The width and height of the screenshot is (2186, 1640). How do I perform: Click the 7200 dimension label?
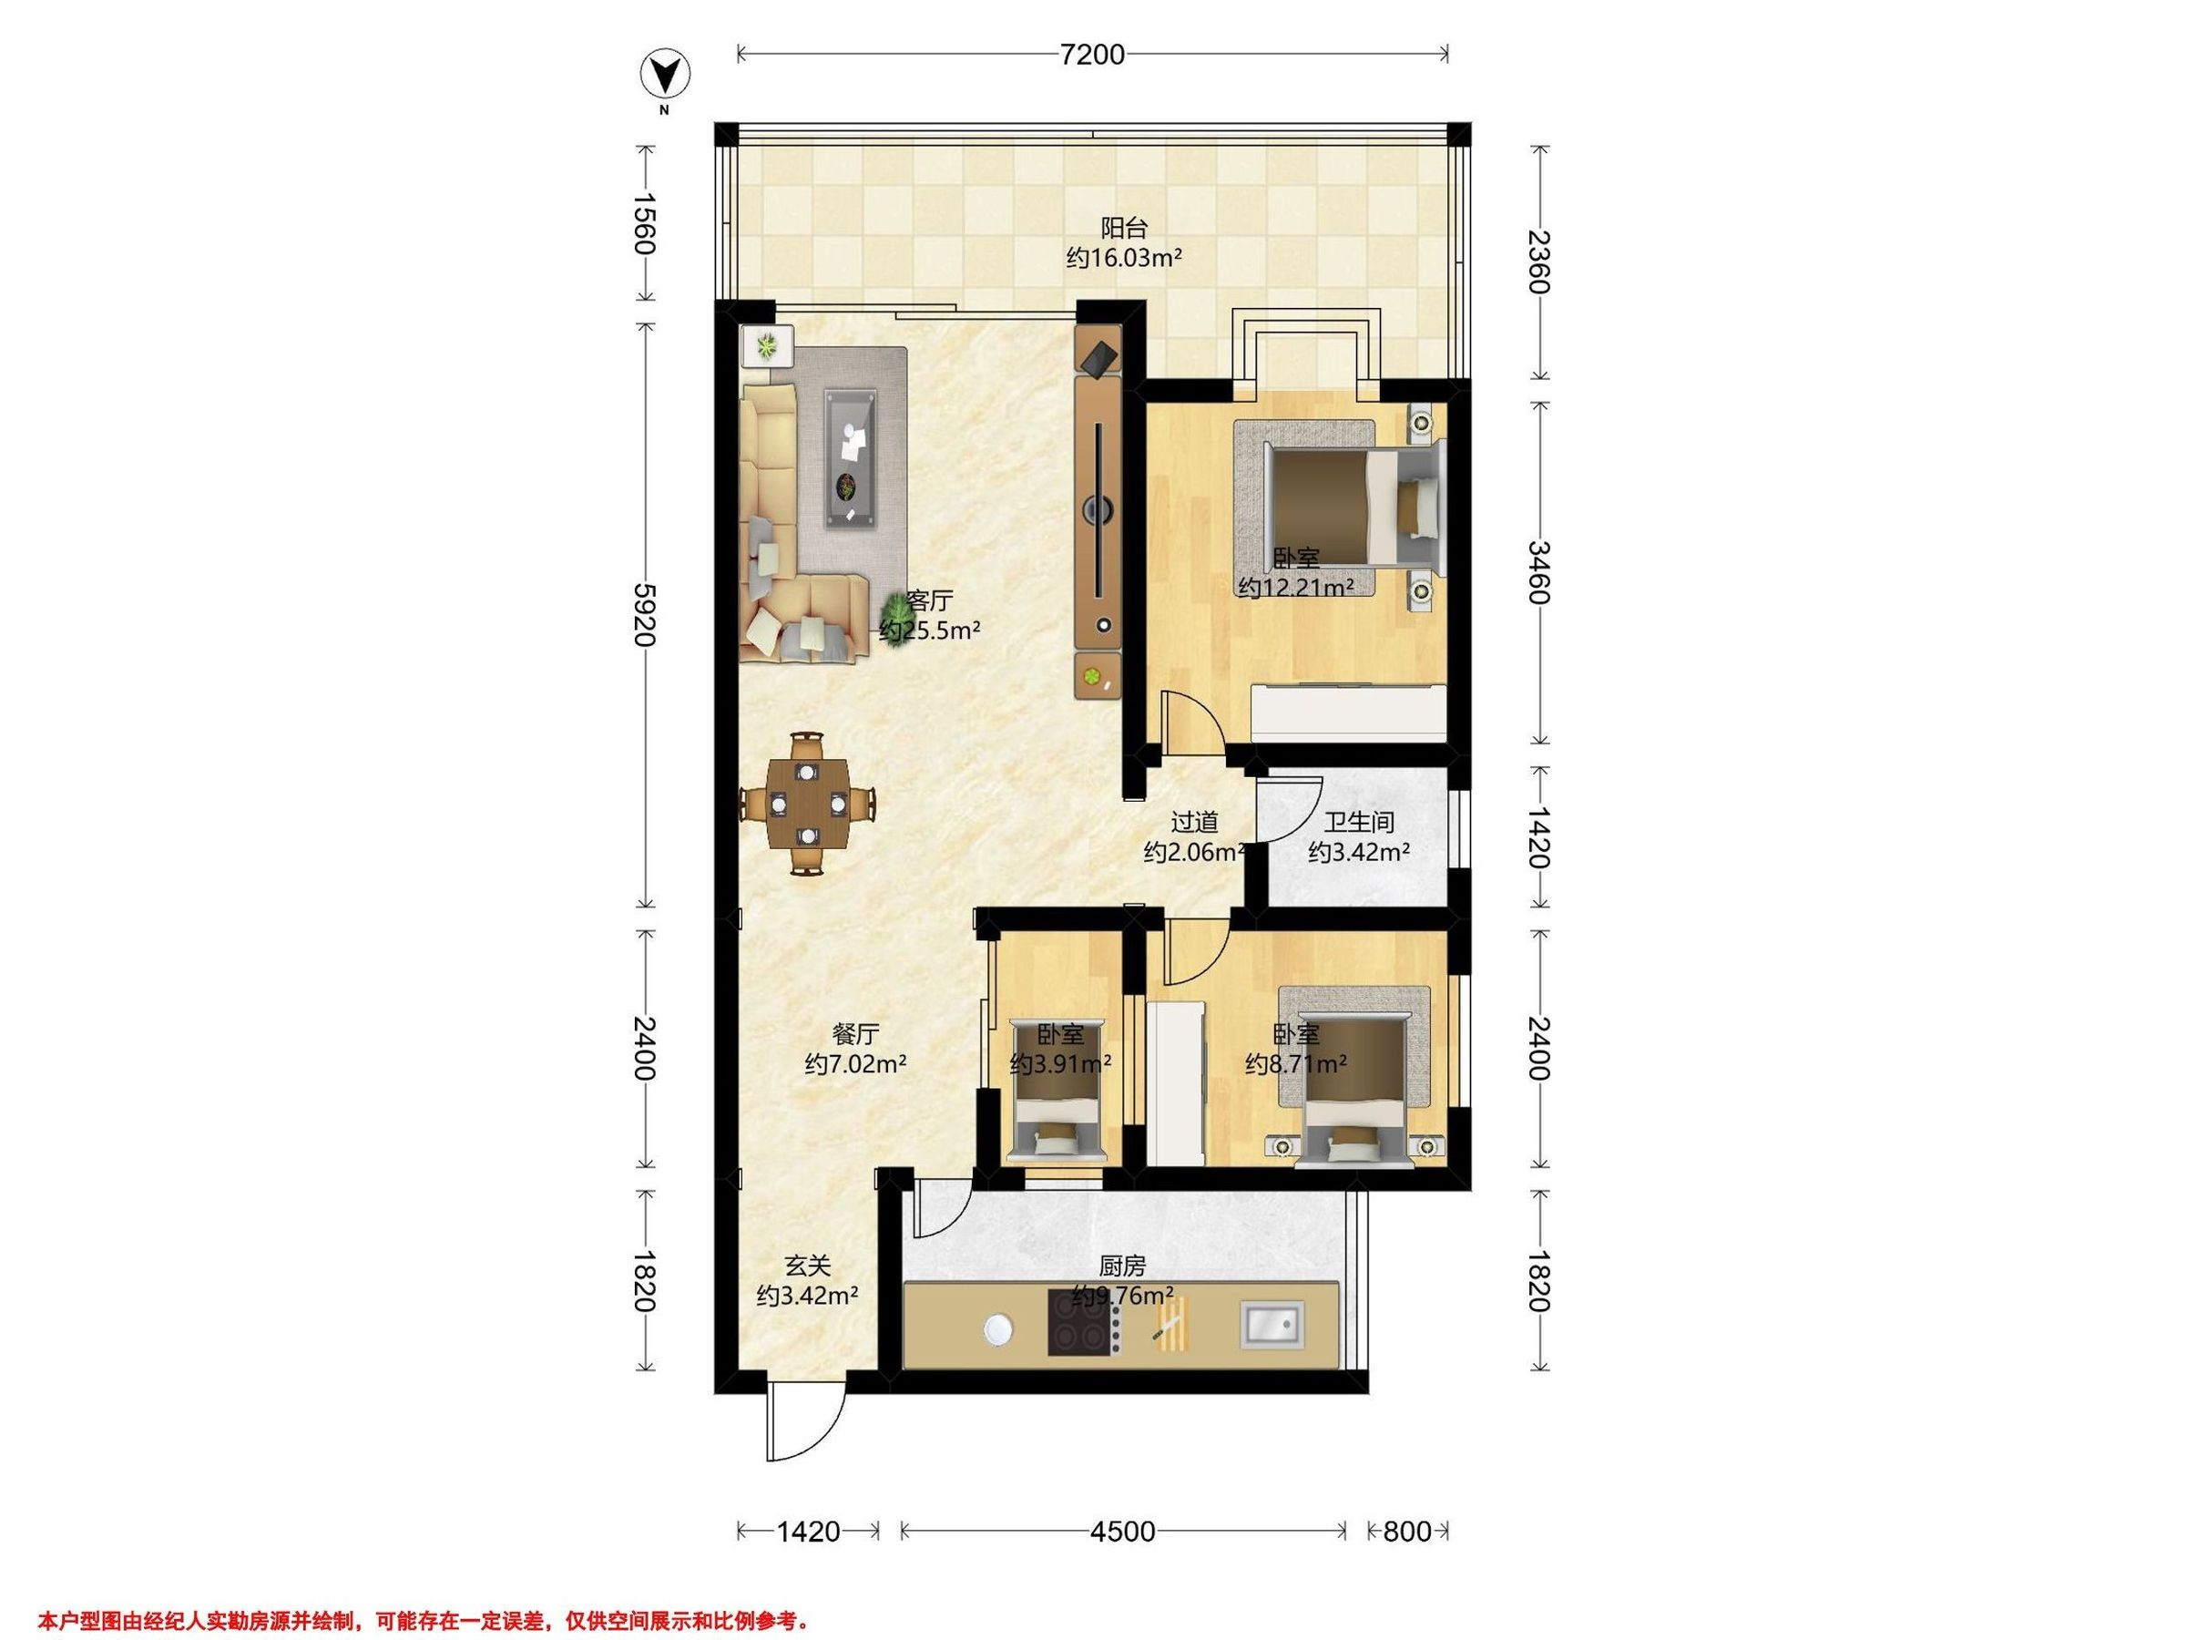click(1092, 55)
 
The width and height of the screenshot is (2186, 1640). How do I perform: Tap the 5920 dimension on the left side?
click(644, 614)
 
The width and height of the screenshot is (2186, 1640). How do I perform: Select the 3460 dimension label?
click(1538, 572)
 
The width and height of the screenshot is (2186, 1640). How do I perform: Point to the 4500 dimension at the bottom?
click(1123, 1532)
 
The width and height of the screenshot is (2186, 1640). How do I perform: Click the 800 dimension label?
click(1406, 1532)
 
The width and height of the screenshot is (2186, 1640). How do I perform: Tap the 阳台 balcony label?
click(1124, 229)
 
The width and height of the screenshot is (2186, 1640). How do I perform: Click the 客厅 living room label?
click(930, 601)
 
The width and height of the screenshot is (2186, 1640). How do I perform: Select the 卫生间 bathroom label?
click(1359, 822)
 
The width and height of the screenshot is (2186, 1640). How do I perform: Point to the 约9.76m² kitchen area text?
click(1123, 1295)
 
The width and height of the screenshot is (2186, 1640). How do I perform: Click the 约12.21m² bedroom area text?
click(1295, 587)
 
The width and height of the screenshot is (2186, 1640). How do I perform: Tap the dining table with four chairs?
click(809, 803)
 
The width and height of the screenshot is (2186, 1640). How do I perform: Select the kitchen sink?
click(1272, 1326)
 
